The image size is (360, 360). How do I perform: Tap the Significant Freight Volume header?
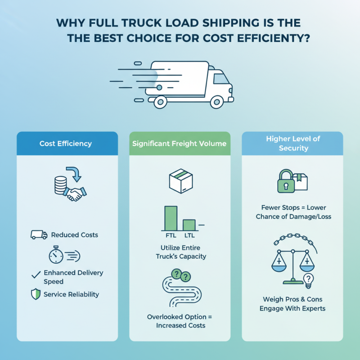[180, 144]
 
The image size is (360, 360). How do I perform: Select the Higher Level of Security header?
[293, 144]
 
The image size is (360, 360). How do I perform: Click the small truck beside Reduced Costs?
[39, 234]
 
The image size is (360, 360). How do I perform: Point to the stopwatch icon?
[56, 256]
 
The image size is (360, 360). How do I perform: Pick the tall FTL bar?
[171, 219]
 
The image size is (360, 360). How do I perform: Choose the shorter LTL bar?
[189, 225]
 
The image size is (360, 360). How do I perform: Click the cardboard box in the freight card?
[180, 181]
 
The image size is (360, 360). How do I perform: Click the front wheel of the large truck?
[215, 102]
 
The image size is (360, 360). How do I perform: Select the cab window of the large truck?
[220, 79]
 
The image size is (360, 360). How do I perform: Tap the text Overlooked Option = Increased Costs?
[180, 321]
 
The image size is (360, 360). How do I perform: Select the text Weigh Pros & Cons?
[292, 299]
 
